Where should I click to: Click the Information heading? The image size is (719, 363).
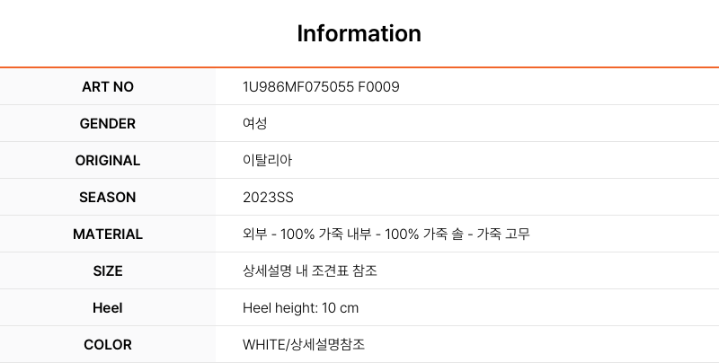[359, 33]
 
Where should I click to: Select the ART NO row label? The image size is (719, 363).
[108, 86]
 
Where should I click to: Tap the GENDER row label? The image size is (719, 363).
[108, 124]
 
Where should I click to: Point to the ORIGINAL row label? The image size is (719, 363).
[108, 161]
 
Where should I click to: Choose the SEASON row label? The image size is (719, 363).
[108, 197]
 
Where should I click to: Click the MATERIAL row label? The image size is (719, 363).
[108, 235]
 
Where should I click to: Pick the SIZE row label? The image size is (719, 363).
[108, 270]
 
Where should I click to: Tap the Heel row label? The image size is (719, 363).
[108, 307]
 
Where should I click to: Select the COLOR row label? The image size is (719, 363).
[108, 345]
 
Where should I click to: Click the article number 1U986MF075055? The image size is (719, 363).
[298, 86]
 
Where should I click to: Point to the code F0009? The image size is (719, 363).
[378, 86]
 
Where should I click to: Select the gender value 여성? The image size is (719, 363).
[255, 123]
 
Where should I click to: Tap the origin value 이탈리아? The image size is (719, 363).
[267, 161]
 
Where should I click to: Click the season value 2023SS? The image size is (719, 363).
[268, 197]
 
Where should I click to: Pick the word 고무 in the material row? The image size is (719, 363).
[518, 235]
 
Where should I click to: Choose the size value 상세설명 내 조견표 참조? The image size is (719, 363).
[310, 270]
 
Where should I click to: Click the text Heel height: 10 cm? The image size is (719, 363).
[300, 307]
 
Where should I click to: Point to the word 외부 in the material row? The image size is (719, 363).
[255, 235]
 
